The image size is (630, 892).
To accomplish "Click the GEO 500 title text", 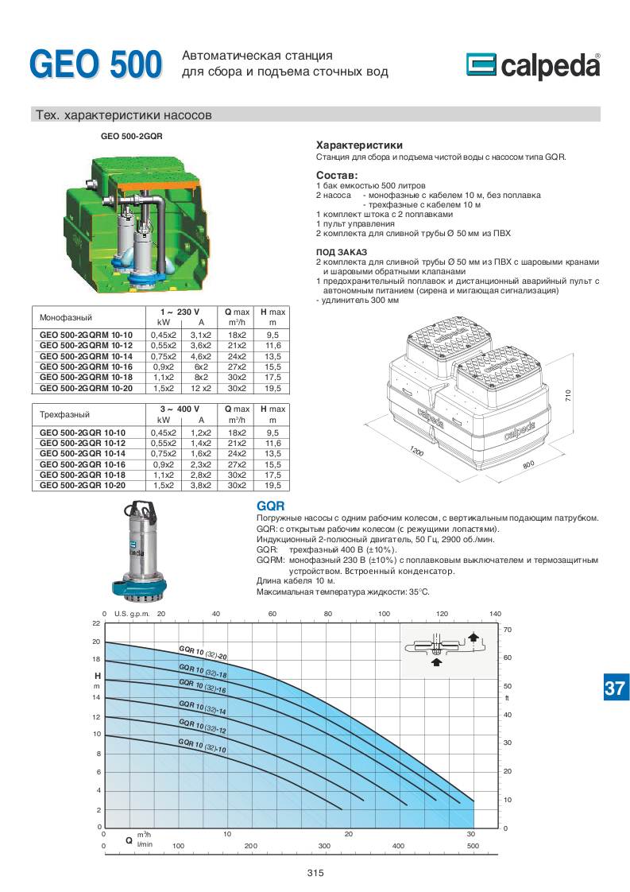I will pos(95,64).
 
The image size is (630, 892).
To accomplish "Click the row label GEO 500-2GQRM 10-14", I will pos(87,357).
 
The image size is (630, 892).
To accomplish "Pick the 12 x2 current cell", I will pos(201,388).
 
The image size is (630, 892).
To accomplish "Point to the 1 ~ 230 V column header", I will pos(180,312).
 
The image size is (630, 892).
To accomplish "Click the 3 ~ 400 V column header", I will pos(180,409).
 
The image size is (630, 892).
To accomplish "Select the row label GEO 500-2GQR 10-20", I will pos(85,485).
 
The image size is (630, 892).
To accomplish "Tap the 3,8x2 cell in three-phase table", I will pos(201,485).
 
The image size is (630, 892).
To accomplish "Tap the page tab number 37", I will pos(614,688).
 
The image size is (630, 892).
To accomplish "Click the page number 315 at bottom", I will pos(315,873).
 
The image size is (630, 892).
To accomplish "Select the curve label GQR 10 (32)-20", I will pos(203,654).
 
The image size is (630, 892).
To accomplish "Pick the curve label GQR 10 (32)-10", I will pos(202,745).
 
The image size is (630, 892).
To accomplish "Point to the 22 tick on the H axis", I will pos(96,623).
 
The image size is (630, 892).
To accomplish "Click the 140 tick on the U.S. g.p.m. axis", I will pos(496,613).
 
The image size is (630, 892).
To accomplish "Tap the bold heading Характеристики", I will pos(359,145).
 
